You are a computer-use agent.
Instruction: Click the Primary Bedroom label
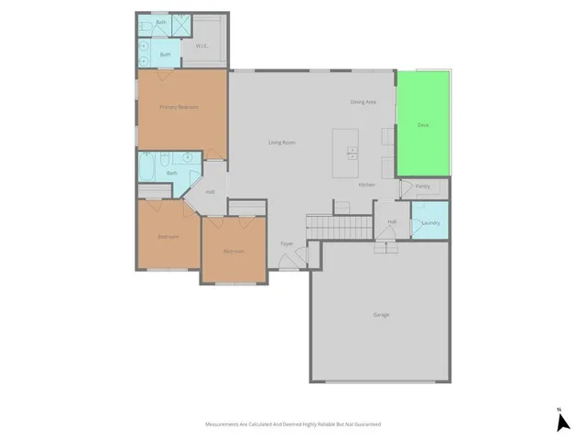[179, 107]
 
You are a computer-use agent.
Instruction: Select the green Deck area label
[422, 124]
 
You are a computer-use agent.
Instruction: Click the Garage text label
[381, 315]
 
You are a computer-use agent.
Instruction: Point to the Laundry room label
[430, 223]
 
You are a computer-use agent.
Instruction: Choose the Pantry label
[422, 186]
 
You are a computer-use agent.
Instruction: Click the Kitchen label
[366, 185]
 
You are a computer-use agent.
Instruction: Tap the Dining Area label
[364, 102]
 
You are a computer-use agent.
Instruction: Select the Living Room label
[281, 143]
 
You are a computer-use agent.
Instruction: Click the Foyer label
[287, 244]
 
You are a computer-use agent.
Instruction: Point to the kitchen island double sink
[353, 153]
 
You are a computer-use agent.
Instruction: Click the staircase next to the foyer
[338, 225]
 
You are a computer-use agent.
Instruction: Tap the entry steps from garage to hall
[385, 245]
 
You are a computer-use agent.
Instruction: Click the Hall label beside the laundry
[392, 221]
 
